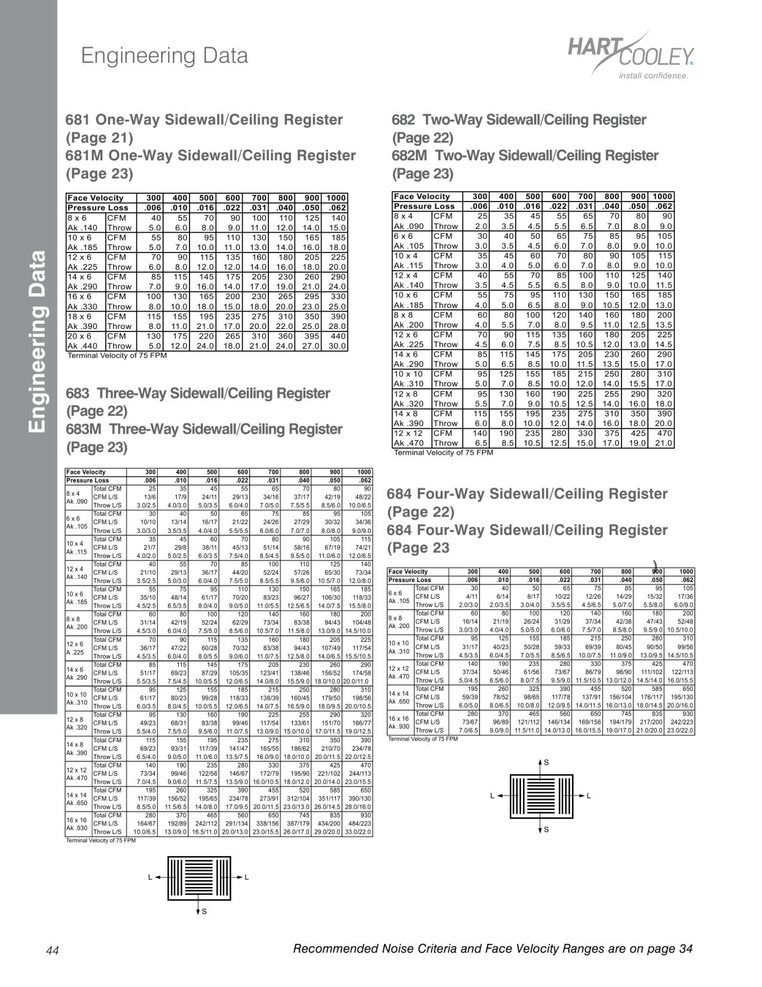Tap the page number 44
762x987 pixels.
pyautogui.click(x=53, y=951)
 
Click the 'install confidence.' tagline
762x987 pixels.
pyautogui.click(x=653, y=76)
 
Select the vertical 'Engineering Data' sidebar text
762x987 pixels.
pyautogui.click(x=37, y=341)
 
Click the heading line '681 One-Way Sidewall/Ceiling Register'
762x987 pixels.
pyautogui.click(x=204, y=120)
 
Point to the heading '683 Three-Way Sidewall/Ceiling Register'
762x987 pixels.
pyautogui.click(x=198, y=394)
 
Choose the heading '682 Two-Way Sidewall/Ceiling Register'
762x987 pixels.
pyautogui.click(x=519, y=120)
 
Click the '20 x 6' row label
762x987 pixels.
pyautogui.click(x=79, y=336)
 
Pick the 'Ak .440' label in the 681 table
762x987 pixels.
pyautogui.click(x=82, y=346)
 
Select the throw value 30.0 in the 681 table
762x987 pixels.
pyautogui.click(x=337, y=346)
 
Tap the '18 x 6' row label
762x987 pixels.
pyautogui.click(x=79, y=316)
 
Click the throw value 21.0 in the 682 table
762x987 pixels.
pyautogui.click(x=663, y=443)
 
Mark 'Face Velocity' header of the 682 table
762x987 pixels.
pyautogui.click(x=421, y=196)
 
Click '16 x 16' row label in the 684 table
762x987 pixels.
pyautogui.click(x=399, y=718)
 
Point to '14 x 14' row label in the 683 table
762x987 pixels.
pyautogui.click(x=77, y=794)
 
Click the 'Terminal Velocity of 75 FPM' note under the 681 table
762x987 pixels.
pyautogui.click(x=117, y=356)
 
